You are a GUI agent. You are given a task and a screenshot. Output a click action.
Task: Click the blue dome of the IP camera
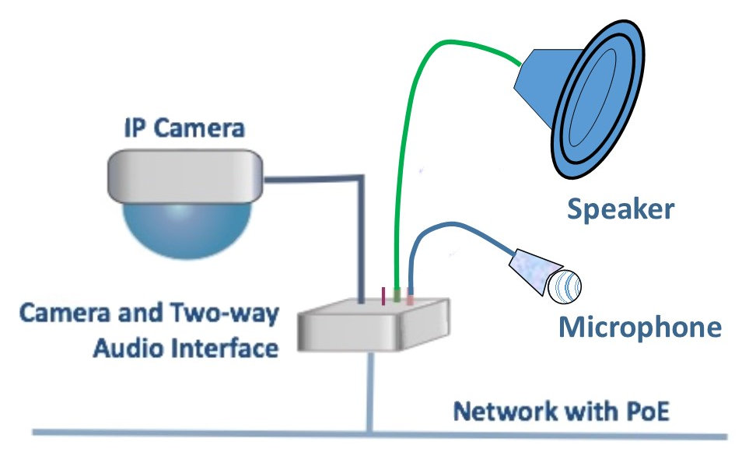[x=187, y=229]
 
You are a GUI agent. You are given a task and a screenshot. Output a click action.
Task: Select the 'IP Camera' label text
[x=185, y=129]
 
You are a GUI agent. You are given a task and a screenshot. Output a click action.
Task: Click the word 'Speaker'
[x=619, y=208]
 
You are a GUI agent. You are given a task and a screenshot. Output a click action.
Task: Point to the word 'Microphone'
[x=639, y=327]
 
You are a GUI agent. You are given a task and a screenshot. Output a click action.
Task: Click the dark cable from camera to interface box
[x=362, y=233]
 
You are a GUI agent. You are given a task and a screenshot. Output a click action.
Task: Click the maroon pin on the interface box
[x=383, y=296]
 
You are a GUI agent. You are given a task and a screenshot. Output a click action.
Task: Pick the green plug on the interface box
[x=398, y=296]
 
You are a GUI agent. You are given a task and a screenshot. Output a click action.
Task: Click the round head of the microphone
[x=564, y=286]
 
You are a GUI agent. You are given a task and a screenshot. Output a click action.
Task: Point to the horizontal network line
[x=194, y=433]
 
